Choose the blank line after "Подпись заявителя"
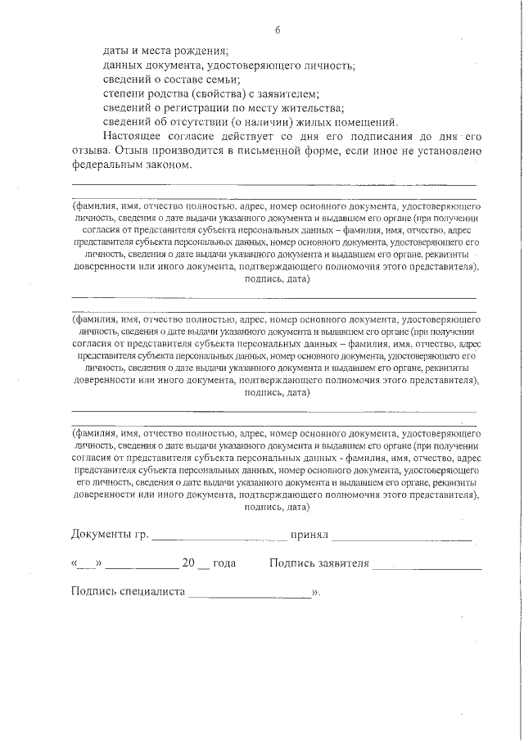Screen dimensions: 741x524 pyautogui.click(x=426, y=566)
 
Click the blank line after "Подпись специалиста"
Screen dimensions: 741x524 pyautogui.click(x=250, y=594)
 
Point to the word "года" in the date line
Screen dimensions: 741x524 pyautogui.click(x=224, y=564)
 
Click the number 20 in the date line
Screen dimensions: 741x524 pyautogui.click(x=189, y=564)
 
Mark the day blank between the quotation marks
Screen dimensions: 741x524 pyautogui.click(x=86, y=566)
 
